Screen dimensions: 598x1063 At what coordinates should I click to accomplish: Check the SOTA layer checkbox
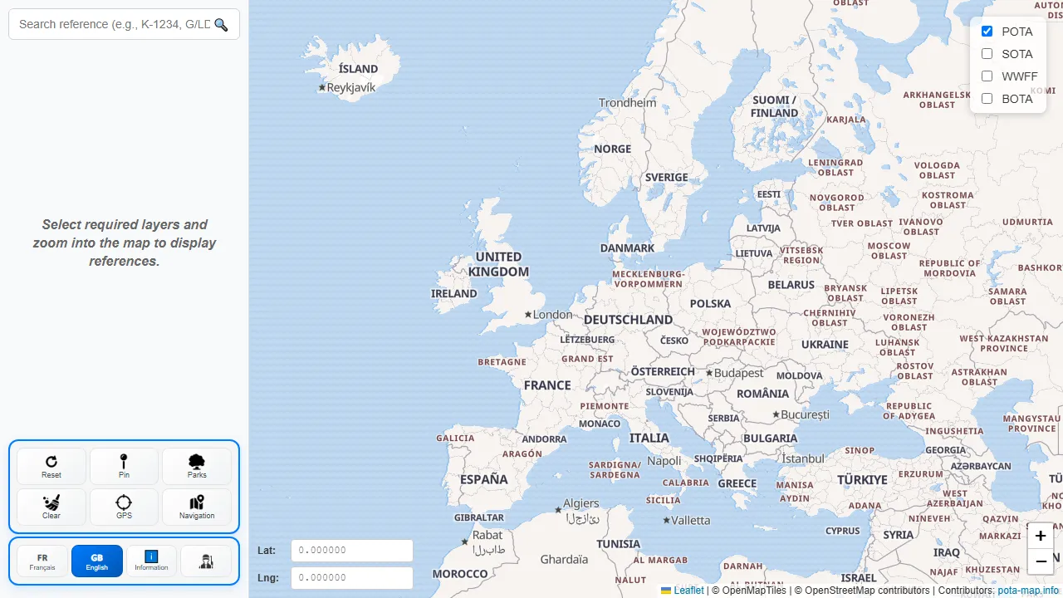(987, 54)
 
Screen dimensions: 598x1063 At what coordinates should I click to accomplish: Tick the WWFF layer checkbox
(987, 76)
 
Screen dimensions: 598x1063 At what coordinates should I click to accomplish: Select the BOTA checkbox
(987, 99)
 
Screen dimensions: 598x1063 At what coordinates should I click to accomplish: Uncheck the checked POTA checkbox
(987, 32)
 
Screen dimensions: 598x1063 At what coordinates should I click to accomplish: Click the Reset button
(51, 466)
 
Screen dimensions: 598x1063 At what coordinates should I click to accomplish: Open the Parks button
(197, 466)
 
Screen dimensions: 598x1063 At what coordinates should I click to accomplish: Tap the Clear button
(51, 507)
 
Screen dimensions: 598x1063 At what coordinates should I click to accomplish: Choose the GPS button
(124, 507)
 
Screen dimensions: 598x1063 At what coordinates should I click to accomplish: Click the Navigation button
(197, 507)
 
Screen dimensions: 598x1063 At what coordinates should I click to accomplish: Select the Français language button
(42, 561)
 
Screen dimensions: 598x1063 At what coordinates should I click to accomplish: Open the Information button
(151, 561)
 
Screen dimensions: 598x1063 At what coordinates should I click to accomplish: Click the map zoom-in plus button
(1041, 536)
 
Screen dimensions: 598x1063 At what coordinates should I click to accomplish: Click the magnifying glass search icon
(221, 25)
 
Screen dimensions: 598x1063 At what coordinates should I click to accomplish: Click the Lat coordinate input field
(352, 551)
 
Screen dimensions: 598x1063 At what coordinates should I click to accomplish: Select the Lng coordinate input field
(352, 578)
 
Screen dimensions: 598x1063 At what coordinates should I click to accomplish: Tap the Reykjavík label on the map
(350, 87)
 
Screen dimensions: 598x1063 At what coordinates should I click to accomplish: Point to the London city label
(552, 315)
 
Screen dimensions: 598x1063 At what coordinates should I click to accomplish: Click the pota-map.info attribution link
(1028, 591)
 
